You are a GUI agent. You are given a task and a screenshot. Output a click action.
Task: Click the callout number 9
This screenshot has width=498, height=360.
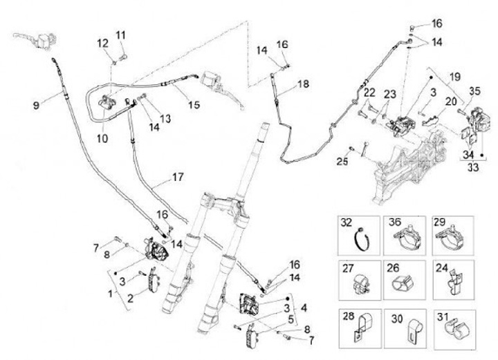click(x=36, y=105)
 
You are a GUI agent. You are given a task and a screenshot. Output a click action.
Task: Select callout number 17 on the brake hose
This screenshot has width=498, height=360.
click(x=178, y=178)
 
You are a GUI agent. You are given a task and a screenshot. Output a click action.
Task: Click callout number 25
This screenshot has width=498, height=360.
click(x=341, y=162)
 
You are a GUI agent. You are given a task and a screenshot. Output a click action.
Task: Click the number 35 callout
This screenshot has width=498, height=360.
click(x=474, y=91)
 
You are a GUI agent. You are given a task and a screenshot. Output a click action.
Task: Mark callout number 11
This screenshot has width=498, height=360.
click(x=121, y=35)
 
